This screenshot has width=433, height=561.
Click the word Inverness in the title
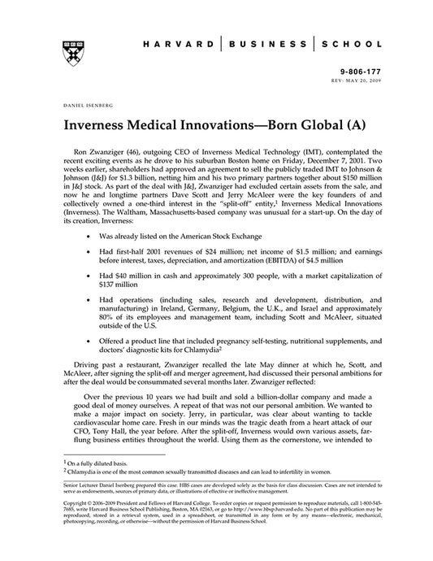tap(98, 128)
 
